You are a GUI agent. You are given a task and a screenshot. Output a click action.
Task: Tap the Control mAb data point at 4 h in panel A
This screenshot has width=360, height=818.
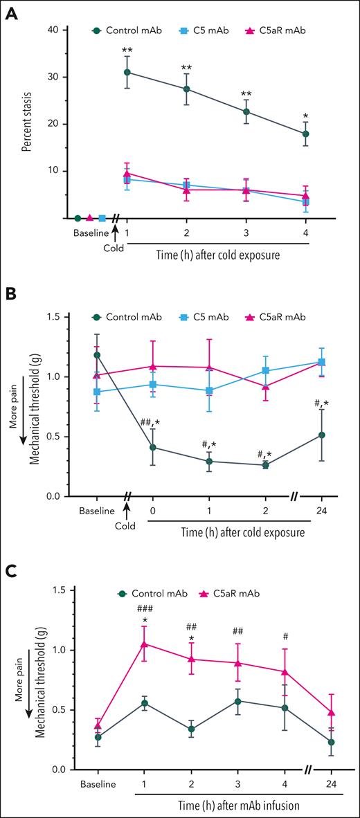pyautogui.click(x=305, y=134)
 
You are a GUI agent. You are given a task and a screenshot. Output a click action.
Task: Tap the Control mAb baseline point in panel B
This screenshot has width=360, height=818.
pyautogui.click(x=98, y=355)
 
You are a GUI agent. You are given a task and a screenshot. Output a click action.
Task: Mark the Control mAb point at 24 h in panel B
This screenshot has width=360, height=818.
pyautogui.click(x=321, y=435)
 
